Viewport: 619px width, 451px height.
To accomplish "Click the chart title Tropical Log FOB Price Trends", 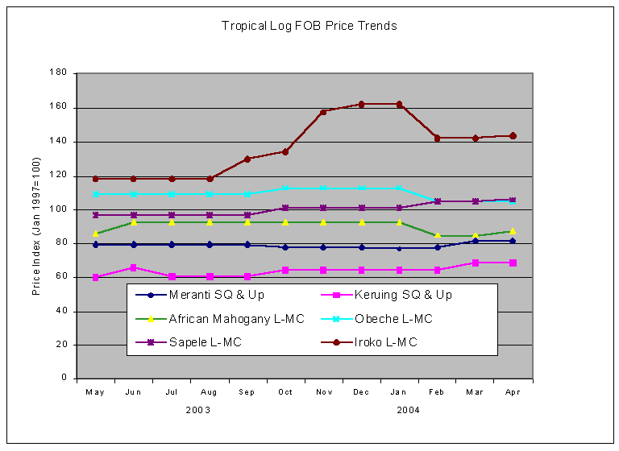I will tap(309, 26).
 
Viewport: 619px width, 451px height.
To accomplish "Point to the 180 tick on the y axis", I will tap(58, 73).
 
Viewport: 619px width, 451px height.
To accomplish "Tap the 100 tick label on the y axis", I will tap(58, 209).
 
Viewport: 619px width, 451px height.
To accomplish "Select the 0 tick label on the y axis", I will tap(64, 379).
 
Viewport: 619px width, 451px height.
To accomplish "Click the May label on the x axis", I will tap(96, 391).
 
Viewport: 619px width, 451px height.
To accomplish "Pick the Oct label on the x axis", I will tap(285, 391).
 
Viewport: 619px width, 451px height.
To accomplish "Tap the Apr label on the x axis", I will tap(513, 391).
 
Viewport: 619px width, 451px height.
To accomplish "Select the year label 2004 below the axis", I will tap(409, 410).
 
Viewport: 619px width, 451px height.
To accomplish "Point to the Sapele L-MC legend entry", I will tap(206, 342).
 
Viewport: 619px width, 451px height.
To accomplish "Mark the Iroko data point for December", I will tap(361, 104).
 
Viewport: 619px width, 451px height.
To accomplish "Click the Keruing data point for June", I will tap(134, 267).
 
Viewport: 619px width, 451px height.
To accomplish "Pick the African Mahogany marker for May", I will tap(96, 234).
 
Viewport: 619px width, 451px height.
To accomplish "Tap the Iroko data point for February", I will tap(437, 138).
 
